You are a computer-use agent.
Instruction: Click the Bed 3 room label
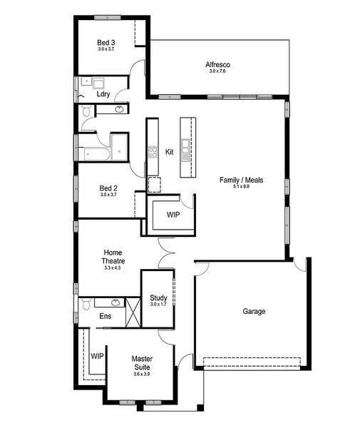click(x=106, y=43)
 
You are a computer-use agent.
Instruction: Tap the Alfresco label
click(x=217, y=65)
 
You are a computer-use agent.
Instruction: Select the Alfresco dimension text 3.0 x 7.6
click(x=217, y=71)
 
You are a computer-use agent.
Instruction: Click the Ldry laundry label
click(x=103, y=94)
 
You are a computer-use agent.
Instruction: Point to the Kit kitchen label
click(x=170, y=152)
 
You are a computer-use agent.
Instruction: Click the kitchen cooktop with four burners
click(x=153, y=153)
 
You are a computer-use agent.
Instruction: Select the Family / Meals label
click(x=242, y=180)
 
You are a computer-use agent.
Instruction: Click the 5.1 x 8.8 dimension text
click(x=241, y=187)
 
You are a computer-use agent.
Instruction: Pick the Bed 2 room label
click(x=108, y=188)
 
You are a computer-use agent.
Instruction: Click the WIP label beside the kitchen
click(x=173, y=215)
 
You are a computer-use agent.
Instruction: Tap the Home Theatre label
click(x=113, y=257)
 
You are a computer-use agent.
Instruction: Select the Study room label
click(x=158, y=297)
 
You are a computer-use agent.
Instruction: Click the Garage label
click(x=254, y=312)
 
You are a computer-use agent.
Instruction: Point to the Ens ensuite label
click(x=106, y=316)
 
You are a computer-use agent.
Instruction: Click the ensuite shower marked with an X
click(x=133, y=313)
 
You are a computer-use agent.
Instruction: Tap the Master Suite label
click(x=142, y=363)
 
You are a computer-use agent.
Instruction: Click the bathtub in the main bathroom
click(x=97, y=154)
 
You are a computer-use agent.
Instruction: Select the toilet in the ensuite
click(x=86, y=304)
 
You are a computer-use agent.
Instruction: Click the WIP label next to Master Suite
click(x=97, y=356)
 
